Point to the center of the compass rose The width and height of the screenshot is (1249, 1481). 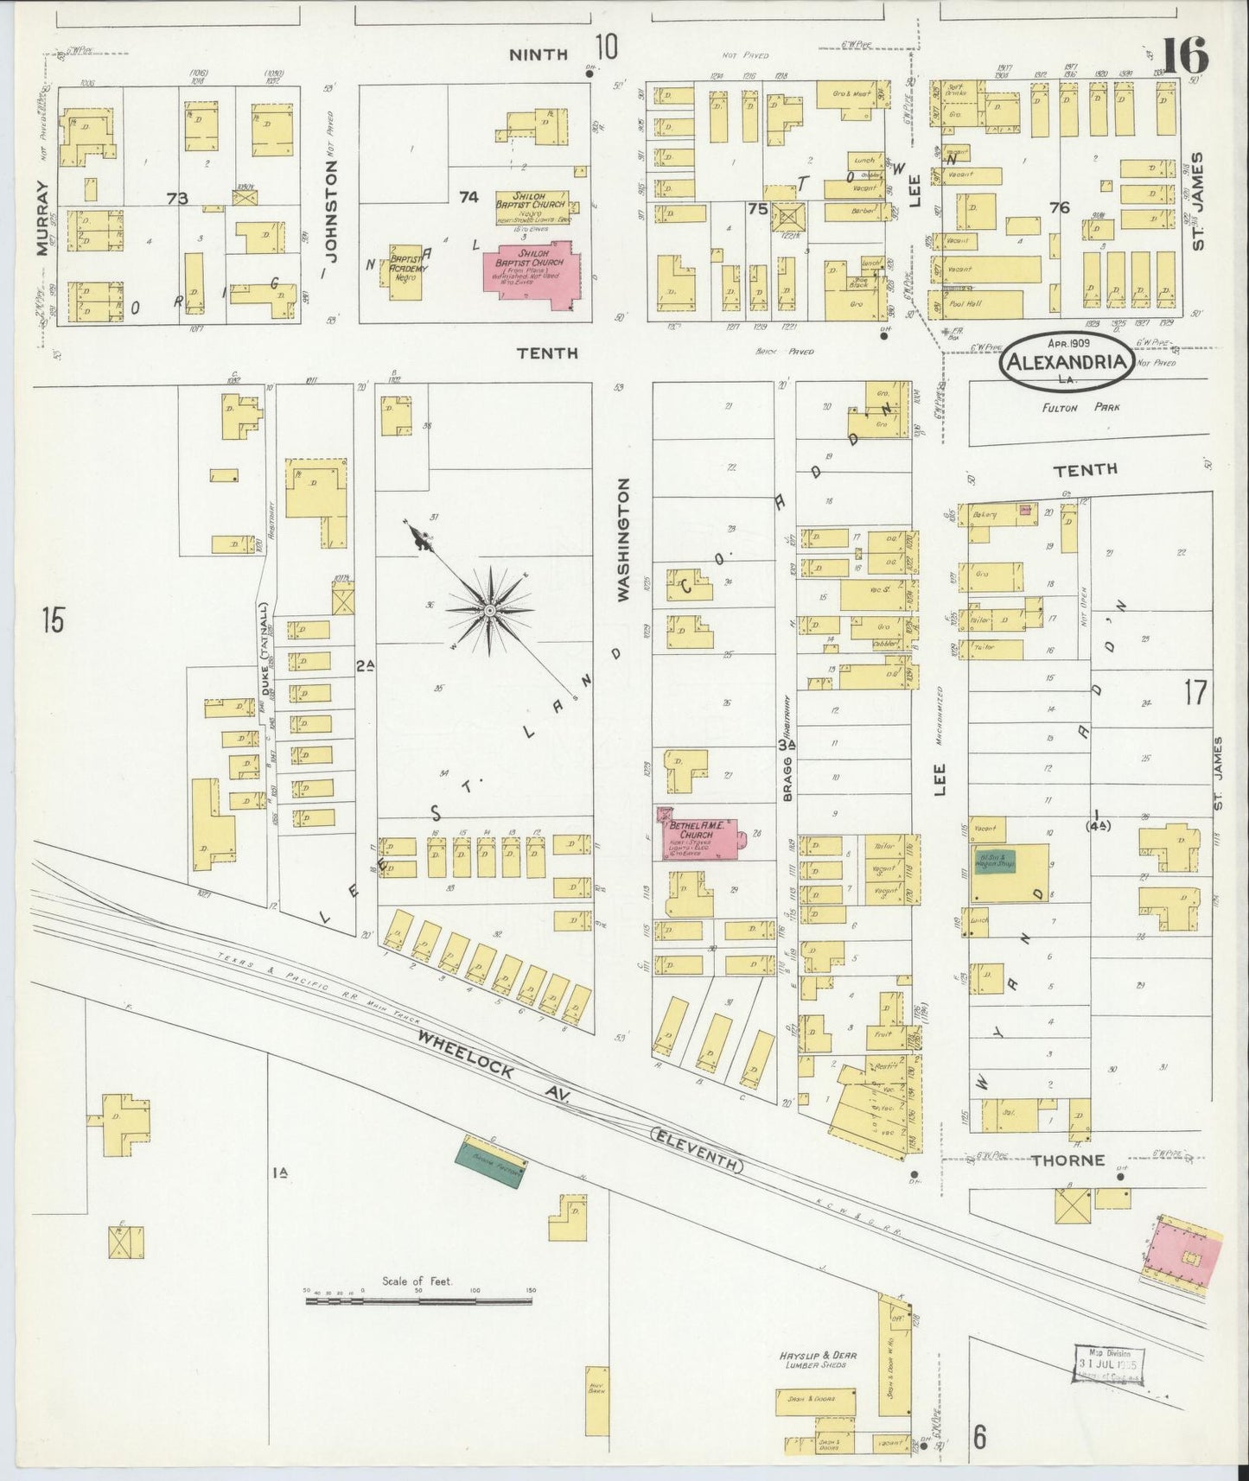pyautogui.click(x=490, y=611)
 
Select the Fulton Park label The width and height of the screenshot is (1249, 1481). pyautogui.click(x=1071, y=407)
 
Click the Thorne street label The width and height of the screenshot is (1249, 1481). pyautogui.click(x=1073, y=1160)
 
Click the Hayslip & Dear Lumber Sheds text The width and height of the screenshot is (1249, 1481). pyautogui.click(x=809, y=1359)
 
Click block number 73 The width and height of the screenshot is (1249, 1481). pyautogui.click(x=177, y=199)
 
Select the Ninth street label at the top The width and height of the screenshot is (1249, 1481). pyautogui.click(x=538, y=54)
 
